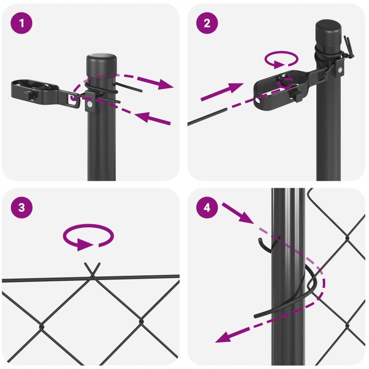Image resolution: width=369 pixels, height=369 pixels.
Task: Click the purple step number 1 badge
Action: tap(21, 23)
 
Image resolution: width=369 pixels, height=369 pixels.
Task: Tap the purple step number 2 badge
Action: tap(207, 23)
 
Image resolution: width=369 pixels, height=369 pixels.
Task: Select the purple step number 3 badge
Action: tap(21, 208)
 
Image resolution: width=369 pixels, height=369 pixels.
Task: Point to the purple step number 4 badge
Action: tap(207, 208)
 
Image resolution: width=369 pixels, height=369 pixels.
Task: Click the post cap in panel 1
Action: tap(101, 65)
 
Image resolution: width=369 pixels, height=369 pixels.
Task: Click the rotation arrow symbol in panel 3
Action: tap(88, 237)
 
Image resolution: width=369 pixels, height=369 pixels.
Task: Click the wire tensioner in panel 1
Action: tap(46, 93)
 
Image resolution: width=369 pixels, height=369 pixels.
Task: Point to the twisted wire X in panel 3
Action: tap(92, 271)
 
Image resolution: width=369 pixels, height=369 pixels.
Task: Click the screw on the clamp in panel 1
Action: tap(89, 104)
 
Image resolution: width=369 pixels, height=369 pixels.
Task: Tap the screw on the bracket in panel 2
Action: tap(340, 70)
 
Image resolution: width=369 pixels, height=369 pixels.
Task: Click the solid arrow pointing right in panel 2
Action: tap(222, 92)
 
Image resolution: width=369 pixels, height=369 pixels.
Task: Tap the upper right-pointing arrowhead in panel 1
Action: tap(166, 84)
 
